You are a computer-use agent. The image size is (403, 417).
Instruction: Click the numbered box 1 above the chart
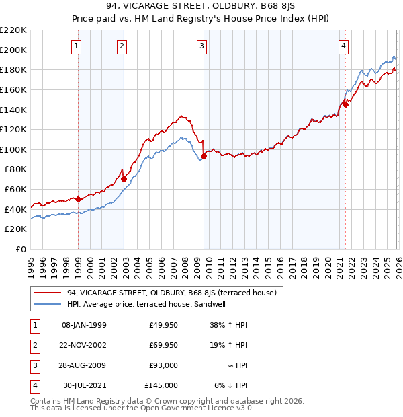77,46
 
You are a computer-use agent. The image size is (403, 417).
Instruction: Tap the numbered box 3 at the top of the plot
201,46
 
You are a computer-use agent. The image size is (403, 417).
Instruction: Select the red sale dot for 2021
345,104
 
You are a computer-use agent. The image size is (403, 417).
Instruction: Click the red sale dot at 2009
204,156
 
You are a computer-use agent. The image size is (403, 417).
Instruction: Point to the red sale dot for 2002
124,179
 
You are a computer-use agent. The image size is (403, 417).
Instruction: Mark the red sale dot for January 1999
78,199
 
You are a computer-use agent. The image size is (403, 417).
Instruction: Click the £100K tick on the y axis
14,149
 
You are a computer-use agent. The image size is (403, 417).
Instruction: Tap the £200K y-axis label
14,50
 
